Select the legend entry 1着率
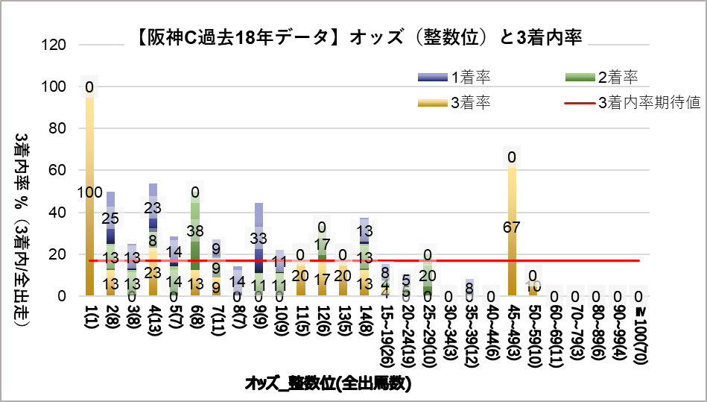[469, 77]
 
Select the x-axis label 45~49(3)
[512, 328]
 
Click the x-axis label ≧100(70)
[638, 331]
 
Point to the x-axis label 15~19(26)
[385, 331]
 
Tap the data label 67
[512, 227]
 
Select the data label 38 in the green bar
[195, 230]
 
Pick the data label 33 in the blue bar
[259, 239]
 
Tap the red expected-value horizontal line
[447, 260]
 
